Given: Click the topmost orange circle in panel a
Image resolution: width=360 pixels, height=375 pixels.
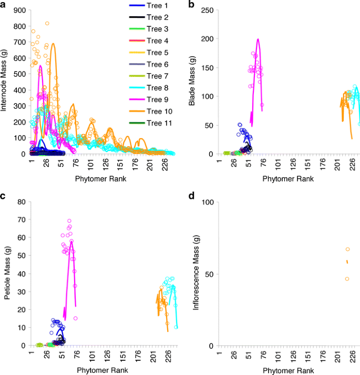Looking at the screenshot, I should click(47, 23).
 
